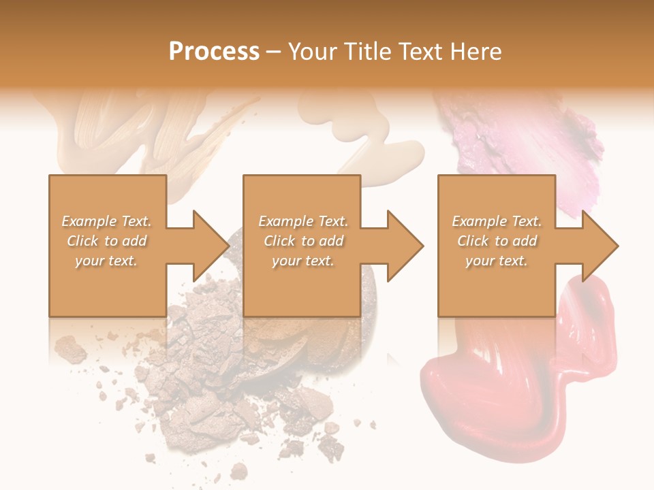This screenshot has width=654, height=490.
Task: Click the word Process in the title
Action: point(214,52)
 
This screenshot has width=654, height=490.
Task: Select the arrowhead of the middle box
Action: point(405,246)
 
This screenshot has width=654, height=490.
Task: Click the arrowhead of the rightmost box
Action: point(599,246)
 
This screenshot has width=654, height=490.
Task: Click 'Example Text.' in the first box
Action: point(107,221)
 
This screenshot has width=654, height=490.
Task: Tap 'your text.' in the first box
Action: point(107,261)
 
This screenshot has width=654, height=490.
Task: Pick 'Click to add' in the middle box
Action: point(303,241)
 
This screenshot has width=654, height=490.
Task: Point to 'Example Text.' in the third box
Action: point(497,221)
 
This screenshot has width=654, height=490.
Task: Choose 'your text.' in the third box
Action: point(497,261)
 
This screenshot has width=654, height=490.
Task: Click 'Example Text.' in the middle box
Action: point(303,221)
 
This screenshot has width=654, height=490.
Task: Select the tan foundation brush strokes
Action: point(136,136)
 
